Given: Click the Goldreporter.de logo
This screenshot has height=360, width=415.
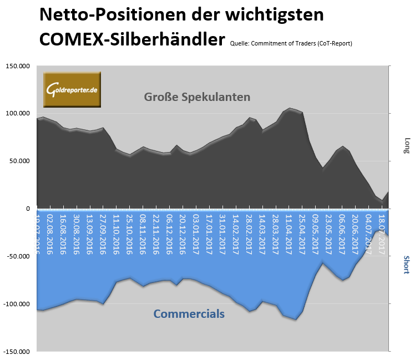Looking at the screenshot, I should tap(72, 89).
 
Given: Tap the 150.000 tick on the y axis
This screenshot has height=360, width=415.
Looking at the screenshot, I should tap(18, 66).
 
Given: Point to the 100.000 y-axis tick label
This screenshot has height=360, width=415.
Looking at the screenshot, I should tap(18, 114).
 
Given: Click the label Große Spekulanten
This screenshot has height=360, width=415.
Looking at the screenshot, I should tap(197, 97).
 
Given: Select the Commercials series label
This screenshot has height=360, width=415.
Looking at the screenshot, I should tap(189, 314).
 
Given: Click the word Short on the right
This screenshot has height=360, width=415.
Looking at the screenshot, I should tap(406, 265).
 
